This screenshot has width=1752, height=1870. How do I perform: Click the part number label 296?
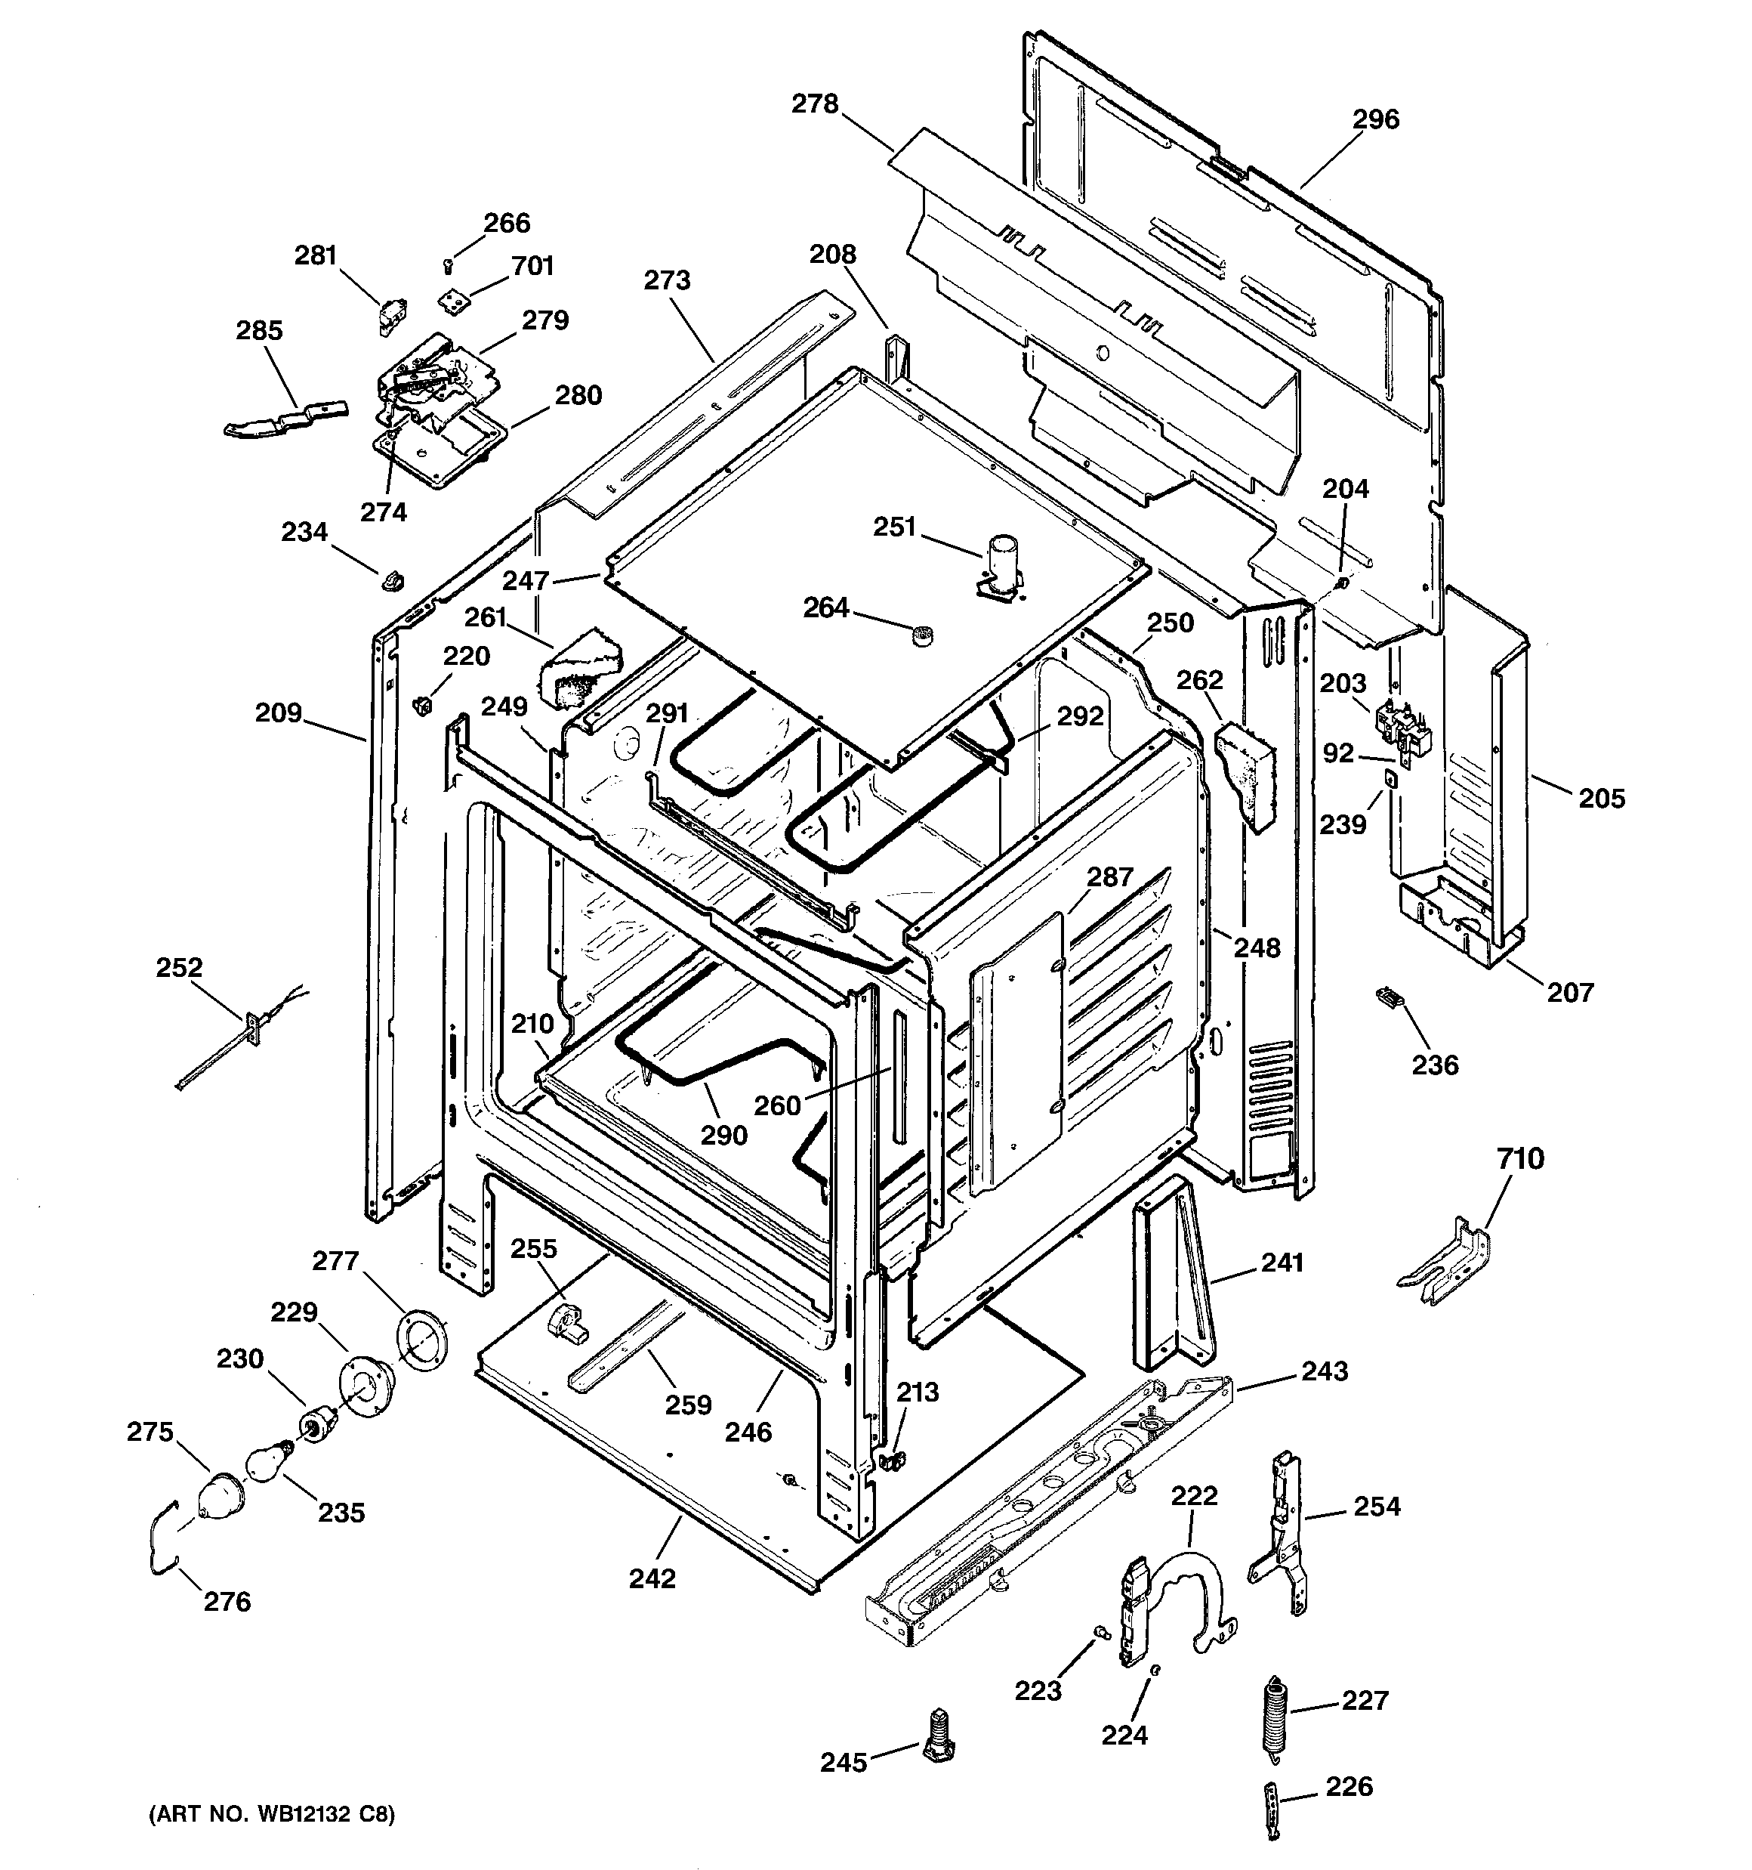1375,119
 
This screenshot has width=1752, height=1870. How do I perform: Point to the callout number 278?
814,104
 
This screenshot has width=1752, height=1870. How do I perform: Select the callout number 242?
652,1578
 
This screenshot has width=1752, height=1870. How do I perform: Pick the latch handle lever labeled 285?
285,416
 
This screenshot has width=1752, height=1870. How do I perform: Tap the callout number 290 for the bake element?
723,1134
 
